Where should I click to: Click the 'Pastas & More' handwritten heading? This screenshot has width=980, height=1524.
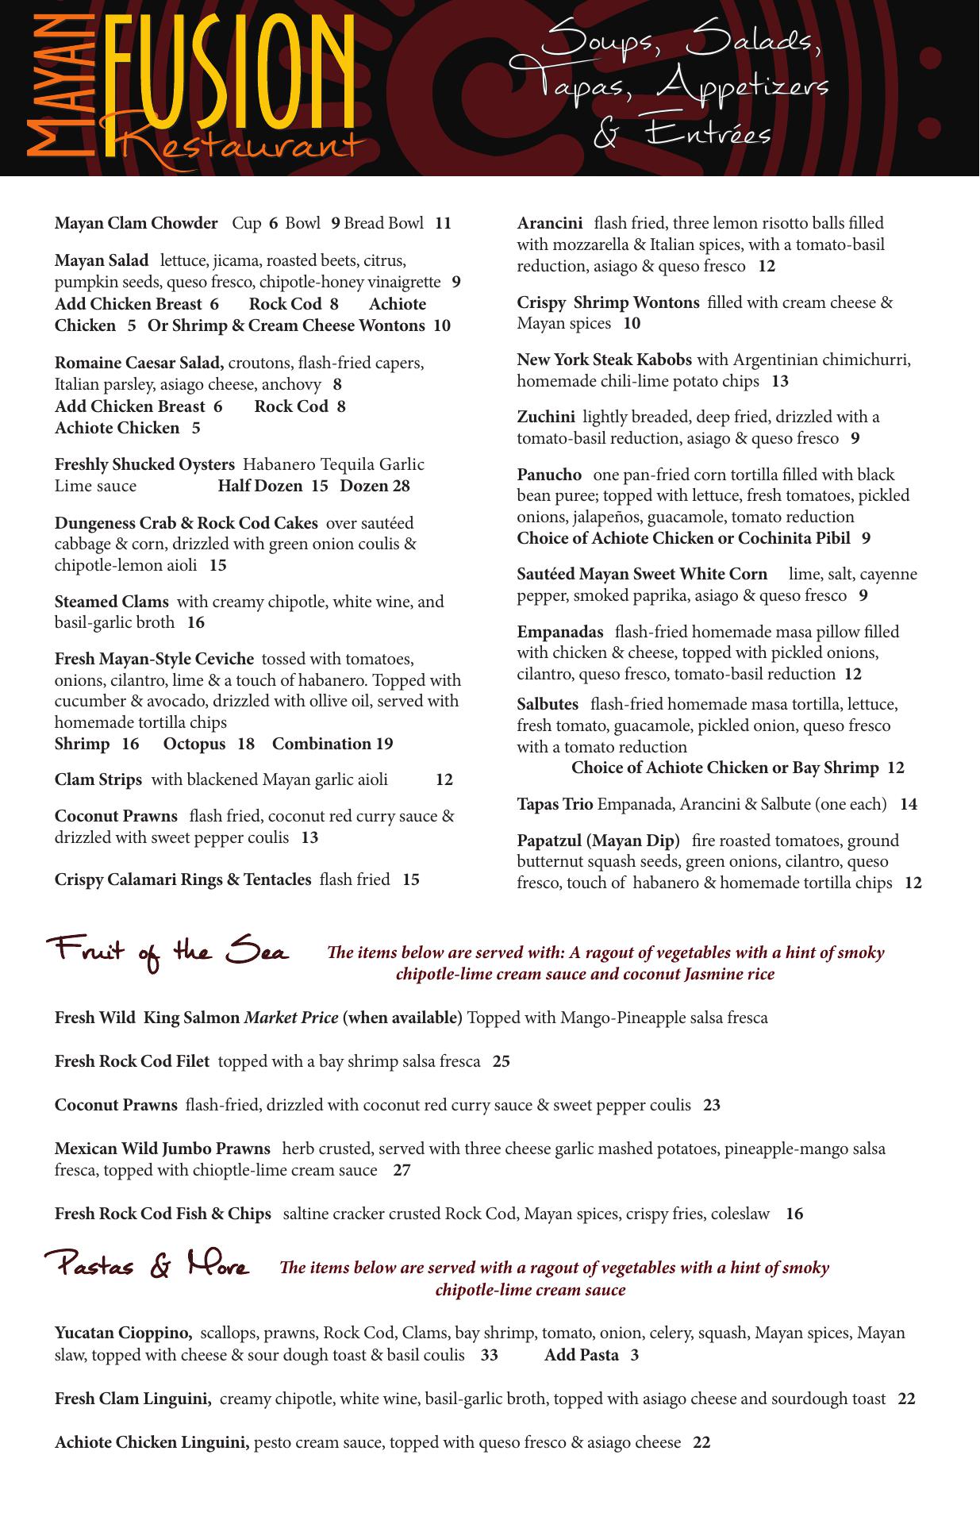point(147,1265)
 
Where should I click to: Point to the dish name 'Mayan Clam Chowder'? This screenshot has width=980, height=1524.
point(136,224)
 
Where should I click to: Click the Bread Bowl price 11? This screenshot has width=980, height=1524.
point(443,224)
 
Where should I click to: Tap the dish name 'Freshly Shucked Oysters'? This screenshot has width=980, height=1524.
point(144,464)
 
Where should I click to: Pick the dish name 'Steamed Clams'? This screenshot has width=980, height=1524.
point(111,602)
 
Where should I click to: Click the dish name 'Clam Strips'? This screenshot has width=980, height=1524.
point(98,779)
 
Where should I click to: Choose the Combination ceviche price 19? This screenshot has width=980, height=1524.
point(385,744)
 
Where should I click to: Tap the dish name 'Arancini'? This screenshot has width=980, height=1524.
point(549,224)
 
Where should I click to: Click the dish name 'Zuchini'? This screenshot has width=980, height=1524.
point(545,417)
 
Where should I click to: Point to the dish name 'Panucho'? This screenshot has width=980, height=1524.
point(549,475)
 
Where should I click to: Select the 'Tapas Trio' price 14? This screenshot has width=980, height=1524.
point(908,804)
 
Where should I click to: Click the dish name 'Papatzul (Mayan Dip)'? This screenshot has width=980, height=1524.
point(598,841)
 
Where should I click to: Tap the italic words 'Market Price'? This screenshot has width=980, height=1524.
point(290,1018)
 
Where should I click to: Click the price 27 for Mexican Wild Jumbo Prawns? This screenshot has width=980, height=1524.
point(402,1170)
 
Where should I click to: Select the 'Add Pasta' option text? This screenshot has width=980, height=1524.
point(581,1355)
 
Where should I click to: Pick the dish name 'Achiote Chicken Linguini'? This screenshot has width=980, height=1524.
point(152,1442)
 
